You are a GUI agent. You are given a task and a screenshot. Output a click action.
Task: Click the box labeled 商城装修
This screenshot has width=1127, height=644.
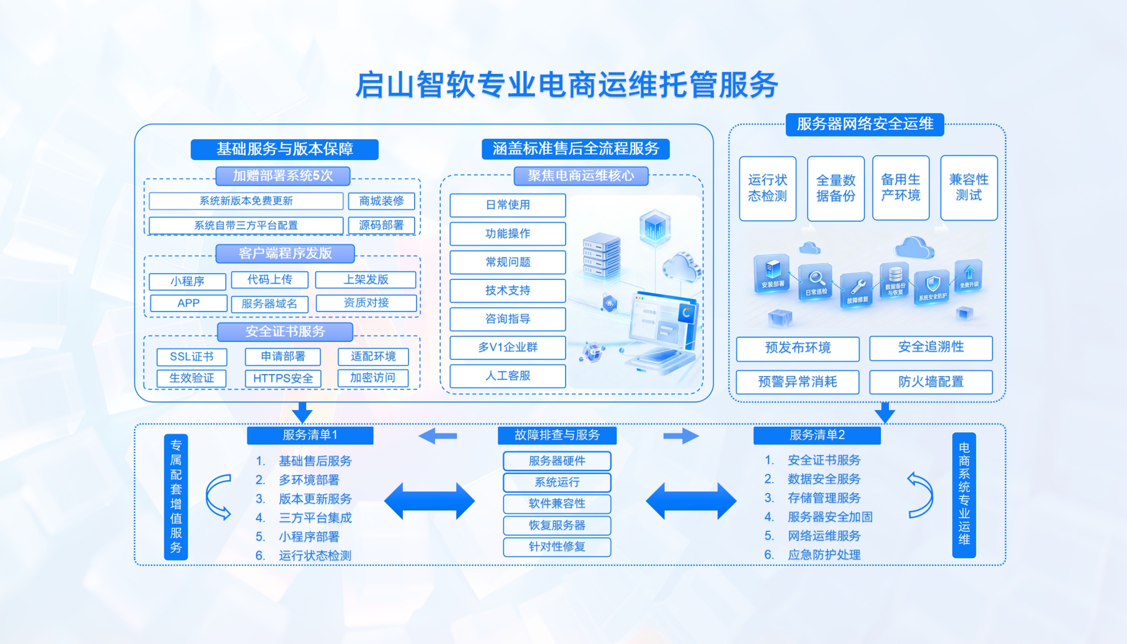click(381, 201)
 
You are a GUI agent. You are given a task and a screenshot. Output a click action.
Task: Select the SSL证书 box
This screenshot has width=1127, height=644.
click(192, 356)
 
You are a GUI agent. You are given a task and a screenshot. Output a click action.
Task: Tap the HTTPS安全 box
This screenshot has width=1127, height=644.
click(283, 378)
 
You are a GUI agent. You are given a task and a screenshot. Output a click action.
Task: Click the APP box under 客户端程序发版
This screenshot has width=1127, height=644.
click(189, 303)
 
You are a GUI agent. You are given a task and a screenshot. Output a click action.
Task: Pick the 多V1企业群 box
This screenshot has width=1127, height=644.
click(507, 347)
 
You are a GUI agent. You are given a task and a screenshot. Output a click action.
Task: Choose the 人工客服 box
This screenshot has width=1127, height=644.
click(507, 376)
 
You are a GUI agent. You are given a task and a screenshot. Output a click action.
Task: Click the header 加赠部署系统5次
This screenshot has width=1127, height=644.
click(283, 175)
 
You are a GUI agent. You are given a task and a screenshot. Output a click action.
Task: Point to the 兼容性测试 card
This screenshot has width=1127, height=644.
click(968, 187)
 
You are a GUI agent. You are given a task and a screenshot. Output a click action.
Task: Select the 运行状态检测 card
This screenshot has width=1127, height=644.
click(767, 188)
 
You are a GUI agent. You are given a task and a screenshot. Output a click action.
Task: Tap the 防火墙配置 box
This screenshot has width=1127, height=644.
click(931, 382)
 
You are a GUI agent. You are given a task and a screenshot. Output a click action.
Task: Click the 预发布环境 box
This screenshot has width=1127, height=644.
click(798, 348)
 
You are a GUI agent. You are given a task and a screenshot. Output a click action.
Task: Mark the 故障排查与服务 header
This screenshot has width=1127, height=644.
click(557, 435)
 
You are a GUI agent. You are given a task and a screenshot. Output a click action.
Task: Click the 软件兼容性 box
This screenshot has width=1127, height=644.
click(557, 503)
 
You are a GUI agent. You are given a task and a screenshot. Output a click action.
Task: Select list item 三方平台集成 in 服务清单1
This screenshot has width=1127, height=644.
click(315, 518)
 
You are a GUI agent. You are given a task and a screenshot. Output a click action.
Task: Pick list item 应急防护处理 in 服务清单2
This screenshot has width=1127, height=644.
click(824, 555)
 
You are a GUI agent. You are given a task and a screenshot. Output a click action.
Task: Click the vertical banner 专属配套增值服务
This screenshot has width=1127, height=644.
click(176, 496)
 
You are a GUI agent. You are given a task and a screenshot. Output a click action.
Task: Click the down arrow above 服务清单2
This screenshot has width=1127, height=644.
click(885, 413)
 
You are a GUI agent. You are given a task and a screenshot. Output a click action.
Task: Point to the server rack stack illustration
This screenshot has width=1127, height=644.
click(601, 255)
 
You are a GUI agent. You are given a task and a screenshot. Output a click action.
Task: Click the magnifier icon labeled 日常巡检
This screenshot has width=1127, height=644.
click(816, 280)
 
